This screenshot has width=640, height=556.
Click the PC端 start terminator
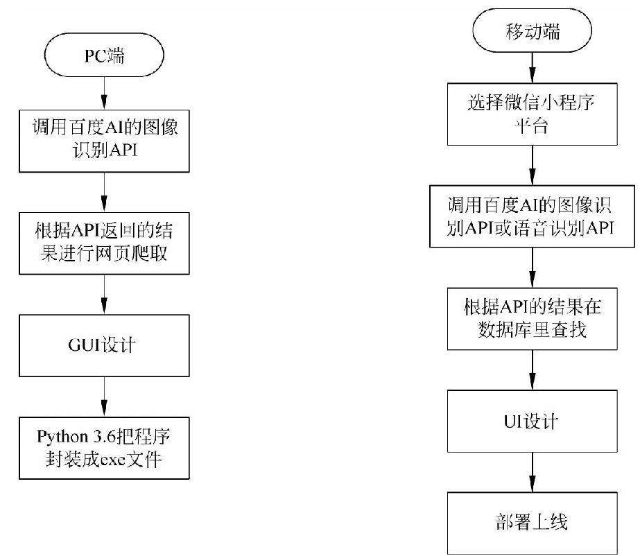(x=103, y=56)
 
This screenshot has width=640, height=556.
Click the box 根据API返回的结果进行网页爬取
(x=103, y=242)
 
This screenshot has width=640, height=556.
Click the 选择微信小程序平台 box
(x=531, y=114)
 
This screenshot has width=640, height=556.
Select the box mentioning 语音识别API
(x=531, y=216)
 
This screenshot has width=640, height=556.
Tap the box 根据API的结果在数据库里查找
(x=531, y=318)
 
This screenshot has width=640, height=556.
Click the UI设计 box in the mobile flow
(x=531, y=421)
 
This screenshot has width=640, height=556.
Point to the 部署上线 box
(x=531, y=522)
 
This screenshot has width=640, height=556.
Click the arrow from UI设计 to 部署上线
(x=531, y=471)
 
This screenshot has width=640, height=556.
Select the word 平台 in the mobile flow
(x=530, y=126)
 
